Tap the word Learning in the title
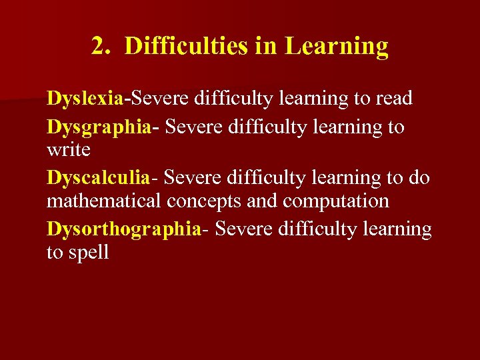pyautogui.click(x=336, y=47)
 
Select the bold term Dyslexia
pyautogui.click(x=85, y=99)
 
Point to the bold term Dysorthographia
pyautogui.click(x=123, y=229)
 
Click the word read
pyautogui.click(x=393, y=99)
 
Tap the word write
pyautogui.click(x=68, y=149)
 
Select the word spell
pyautogui.click(x=87, y=253)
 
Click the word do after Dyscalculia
pyautogui.click(x=420, y=178)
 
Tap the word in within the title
pyautogui.click(x=269, y=47)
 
